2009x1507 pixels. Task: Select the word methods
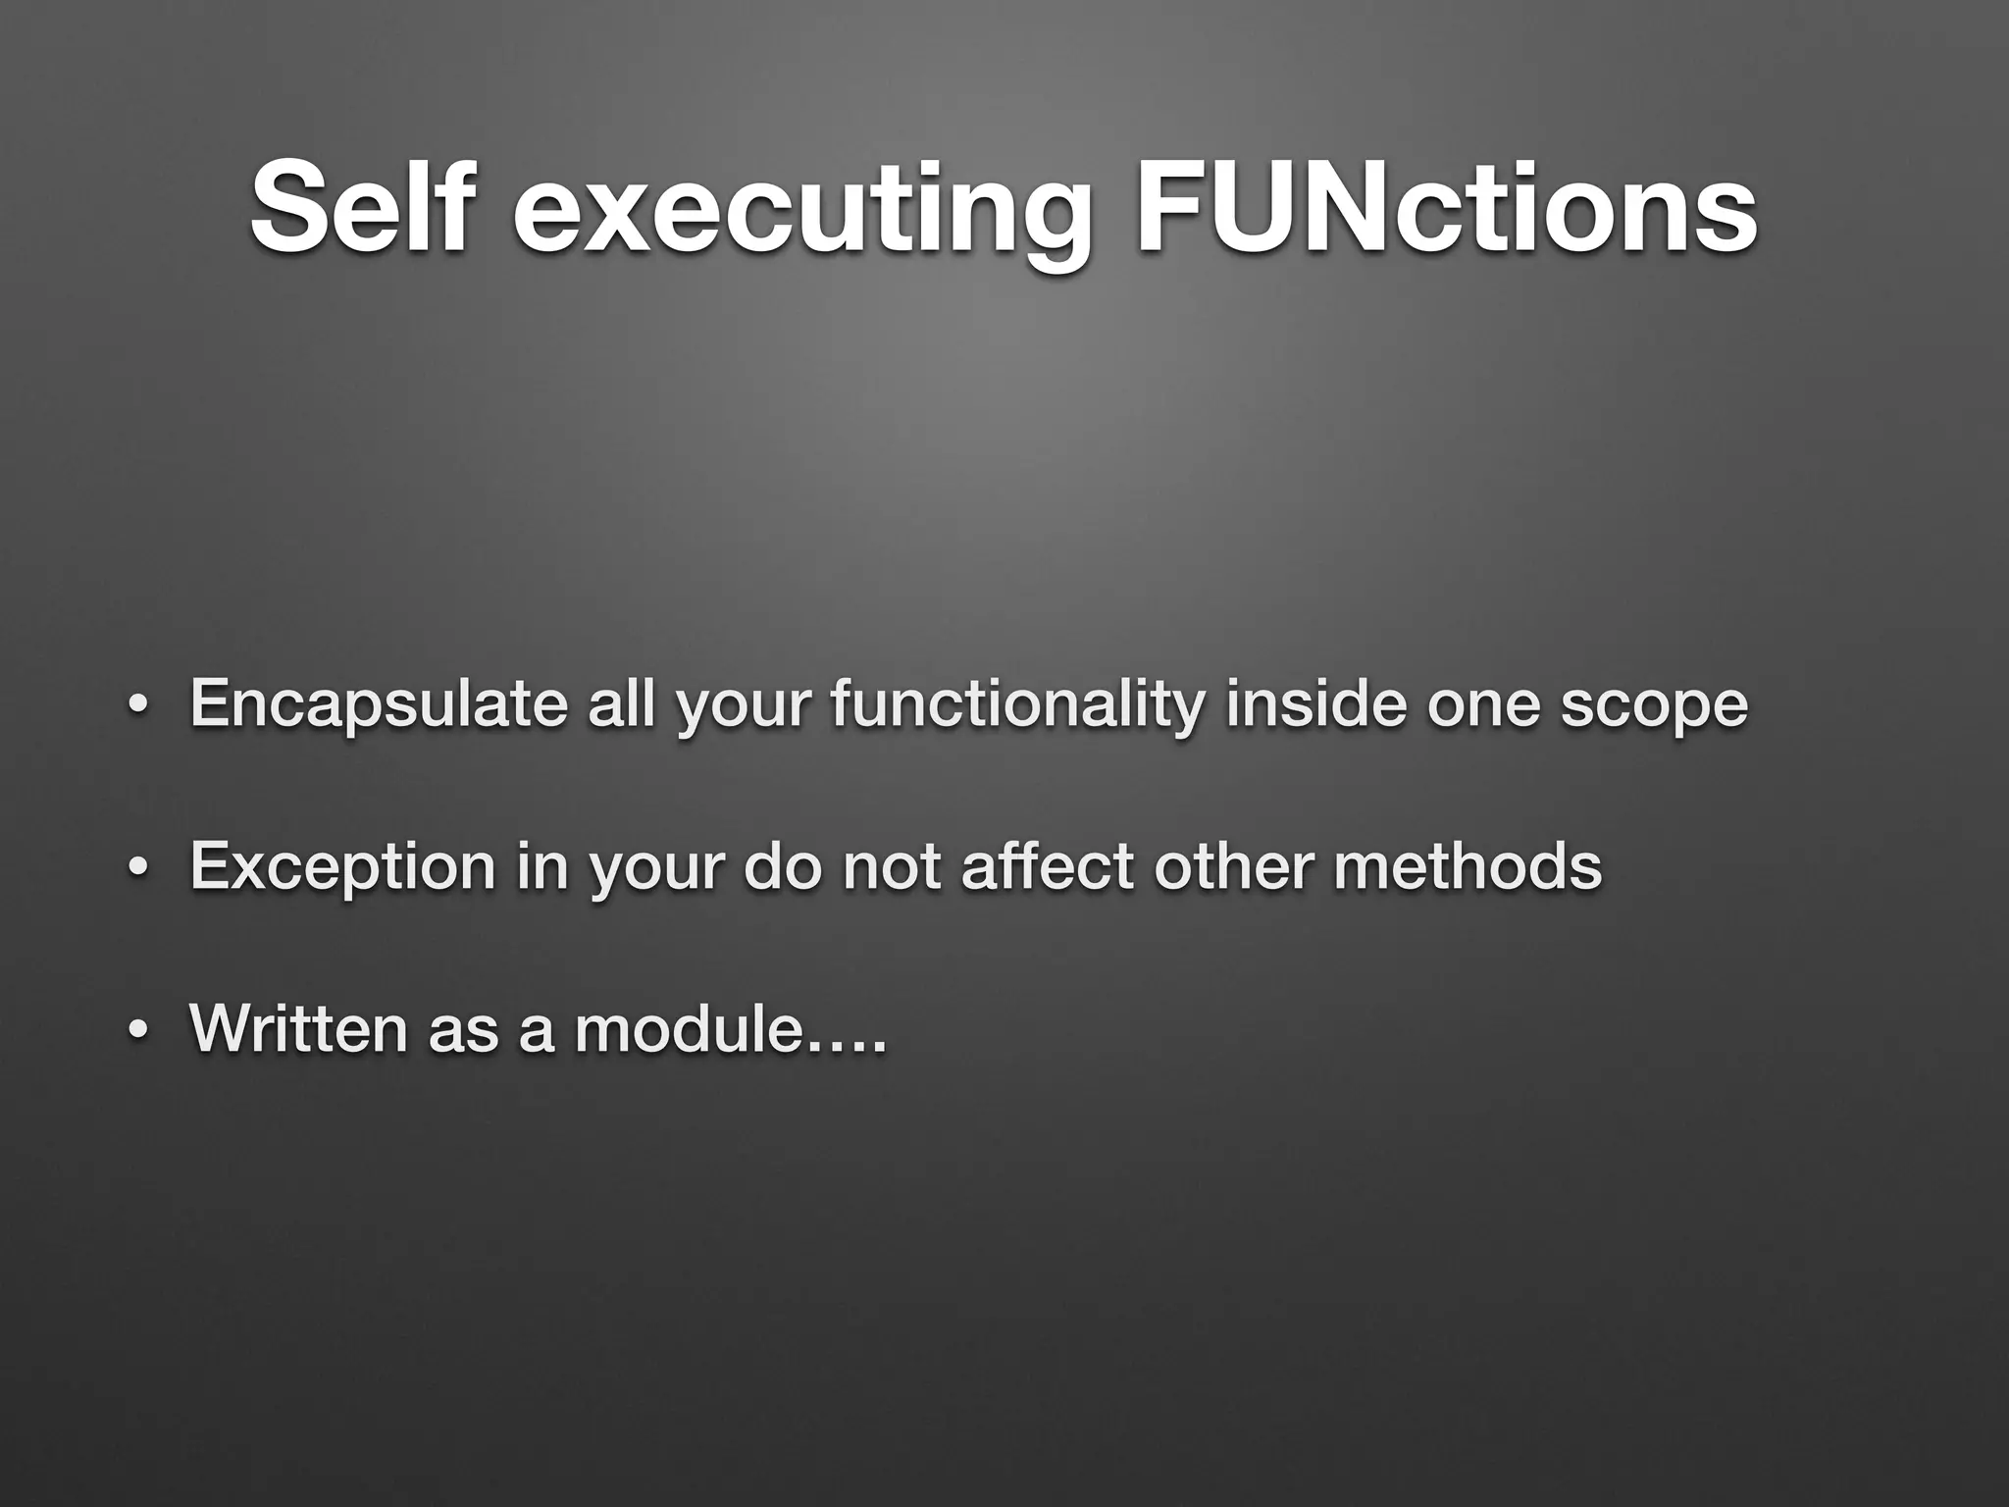pos(1467,866)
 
